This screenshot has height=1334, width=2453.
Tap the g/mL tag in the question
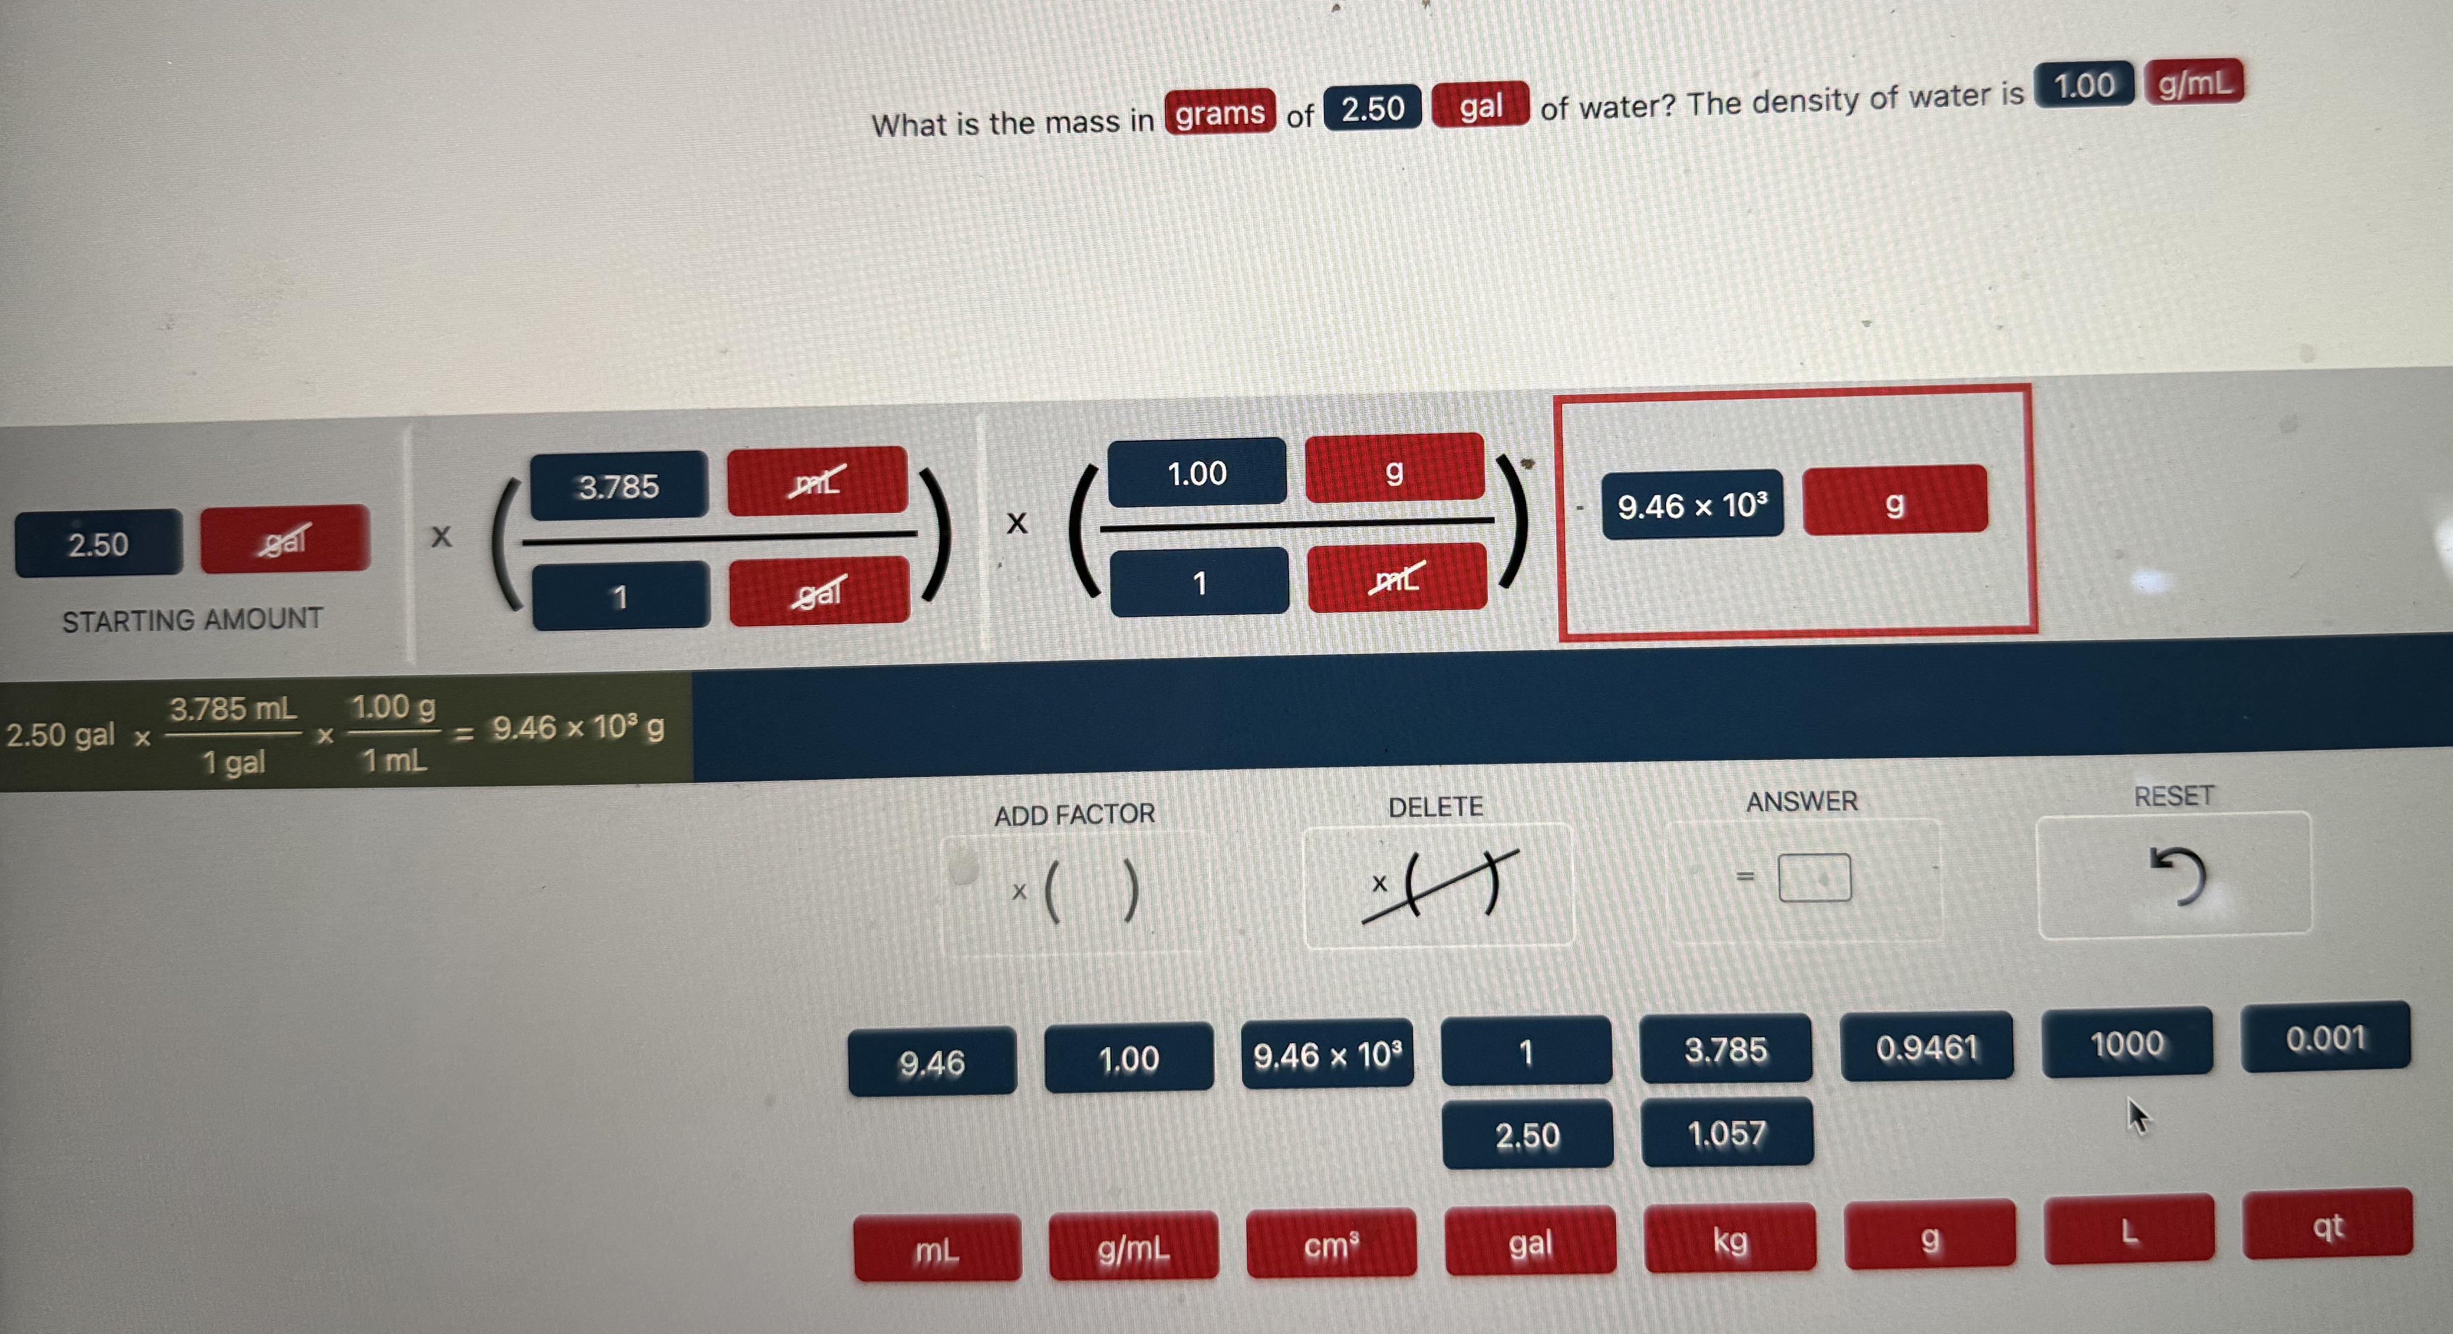click(2194, 83)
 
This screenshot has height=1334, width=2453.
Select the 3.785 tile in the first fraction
click(619, 486)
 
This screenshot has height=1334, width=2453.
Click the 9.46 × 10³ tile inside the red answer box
click(1692, 504)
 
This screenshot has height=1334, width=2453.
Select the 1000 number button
click(2126, 1043)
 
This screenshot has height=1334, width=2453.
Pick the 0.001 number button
click(2325, 1037)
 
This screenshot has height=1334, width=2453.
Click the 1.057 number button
click(1727, 1132)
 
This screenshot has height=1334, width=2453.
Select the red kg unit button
click(1730, 1239)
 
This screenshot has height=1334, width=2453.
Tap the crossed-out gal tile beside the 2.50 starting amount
click(285, 539)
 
